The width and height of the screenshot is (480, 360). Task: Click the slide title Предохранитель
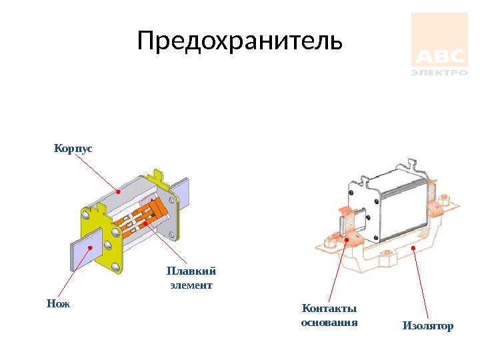pyautogui.click(x=239, y=41)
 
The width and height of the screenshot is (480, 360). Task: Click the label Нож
pyautogui.click(x=59, y=303)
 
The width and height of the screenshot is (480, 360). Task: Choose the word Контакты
pyautogui.click(x=329, y=308)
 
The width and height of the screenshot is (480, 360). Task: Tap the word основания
pyautogui.click(x=329, y=323)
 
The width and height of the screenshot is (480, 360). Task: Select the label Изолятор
pyautogui.click(x=427, y=326)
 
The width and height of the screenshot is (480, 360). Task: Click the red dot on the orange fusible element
pyautogui.click(x=144, y=224)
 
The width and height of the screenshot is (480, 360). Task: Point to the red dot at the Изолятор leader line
pyautogui.click(x=414, y=249)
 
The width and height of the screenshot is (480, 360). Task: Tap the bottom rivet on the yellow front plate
pyautogui.click(x=115, y=267)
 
